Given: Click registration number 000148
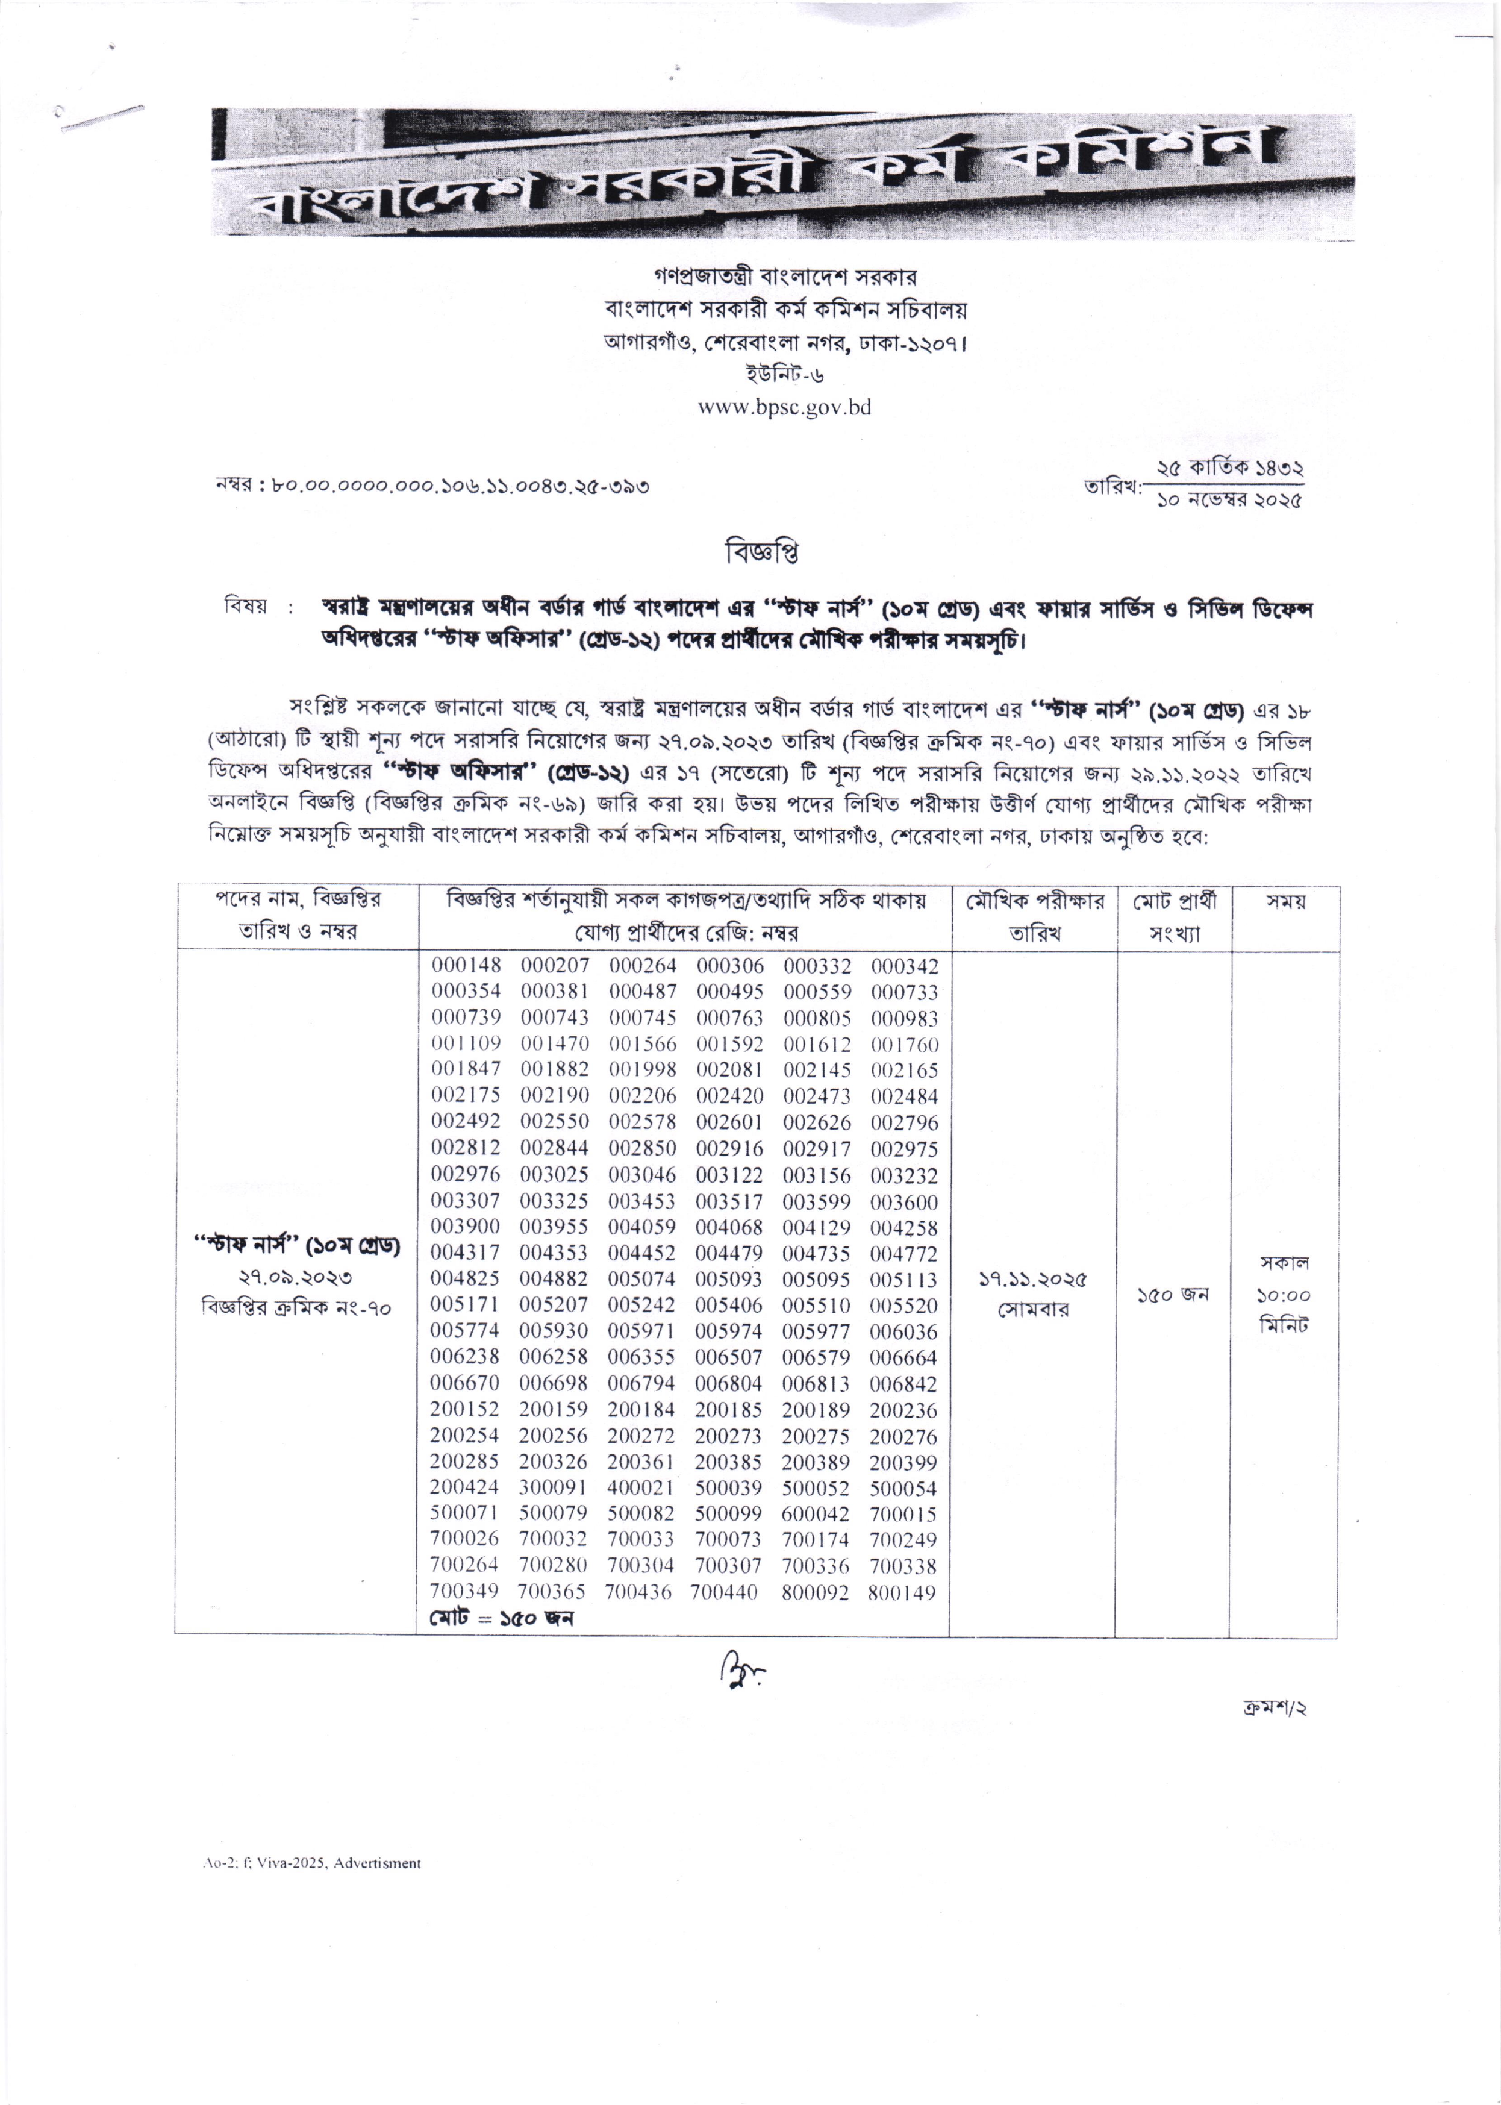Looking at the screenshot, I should [x=466, y=966].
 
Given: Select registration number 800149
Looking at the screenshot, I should [x=901, y=1593].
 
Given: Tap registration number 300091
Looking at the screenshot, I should [x=552, y=1489].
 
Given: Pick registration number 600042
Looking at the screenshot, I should [x=815, y=1514].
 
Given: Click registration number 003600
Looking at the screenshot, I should [x=904, y=1202].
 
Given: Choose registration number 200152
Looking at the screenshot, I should [x=464, y=1410].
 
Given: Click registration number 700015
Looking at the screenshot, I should [x=903, y=1514].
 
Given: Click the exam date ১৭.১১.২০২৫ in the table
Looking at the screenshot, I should [x=1032, y=1280].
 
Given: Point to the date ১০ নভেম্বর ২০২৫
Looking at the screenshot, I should [x=1228, y=501].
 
